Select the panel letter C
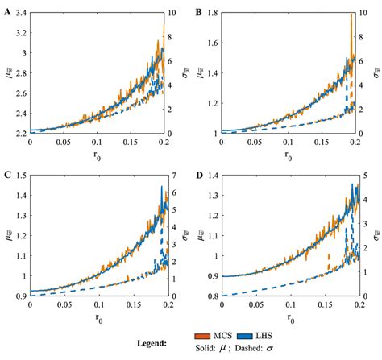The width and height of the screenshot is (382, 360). [7, 172]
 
